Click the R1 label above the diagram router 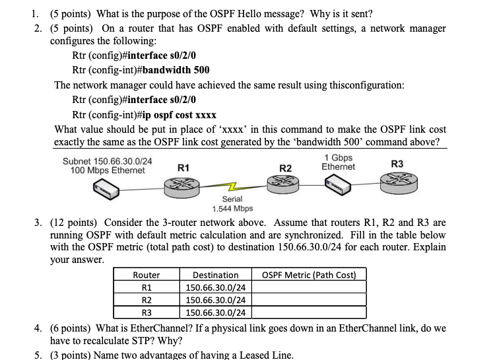click(x=184, y=168)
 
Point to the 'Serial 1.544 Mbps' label click(x=232, y=203)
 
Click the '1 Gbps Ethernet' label click(x=338, y=162)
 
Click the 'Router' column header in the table click(x=146, y=275)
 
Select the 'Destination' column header click(x=215, y=275)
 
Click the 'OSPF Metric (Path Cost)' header click(x=309, y=275)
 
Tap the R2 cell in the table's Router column click(x=146, y=300)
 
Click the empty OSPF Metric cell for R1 click(x=309, y=287)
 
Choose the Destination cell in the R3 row click(x=216, y=312)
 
